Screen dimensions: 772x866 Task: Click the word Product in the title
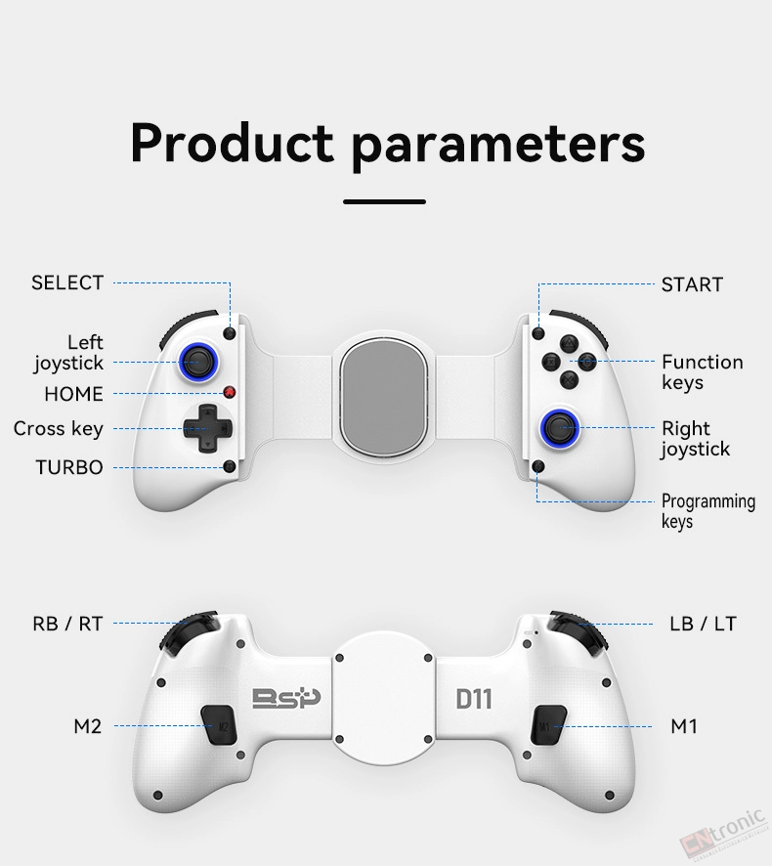coord(233,143)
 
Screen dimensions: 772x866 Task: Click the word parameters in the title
coord(498,146)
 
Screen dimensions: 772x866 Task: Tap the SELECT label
coord(67,282)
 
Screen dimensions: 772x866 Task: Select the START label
coord(692,284)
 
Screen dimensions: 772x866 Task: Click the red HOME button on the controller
coord(230,393)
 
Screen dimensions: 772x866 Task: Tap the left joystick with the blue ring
coord(198,363)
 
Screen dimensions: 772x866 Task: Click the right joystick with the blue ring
coord(559,427)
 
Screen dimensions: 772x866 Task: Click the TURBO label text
coord(69,468)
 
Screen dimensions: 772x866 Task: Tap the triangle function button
coord(570,343)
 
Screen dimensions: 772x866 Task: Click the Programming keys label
coord(708,511)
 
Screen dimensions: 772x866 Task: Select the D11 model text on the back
coord(474,699)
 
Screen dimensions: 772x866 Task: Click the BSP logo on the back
coord(286,698)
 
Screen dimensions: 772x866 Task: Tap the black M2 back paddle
coord(219,724)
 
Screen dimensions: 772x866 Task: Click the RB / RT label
coord(68,625)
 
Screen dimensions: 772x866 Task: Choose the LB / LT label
coord(703,625)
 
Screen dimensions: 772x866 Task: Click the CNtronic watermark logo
coord(723,838)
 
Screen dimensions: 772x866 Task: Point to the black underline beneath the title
coord(384,201)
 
